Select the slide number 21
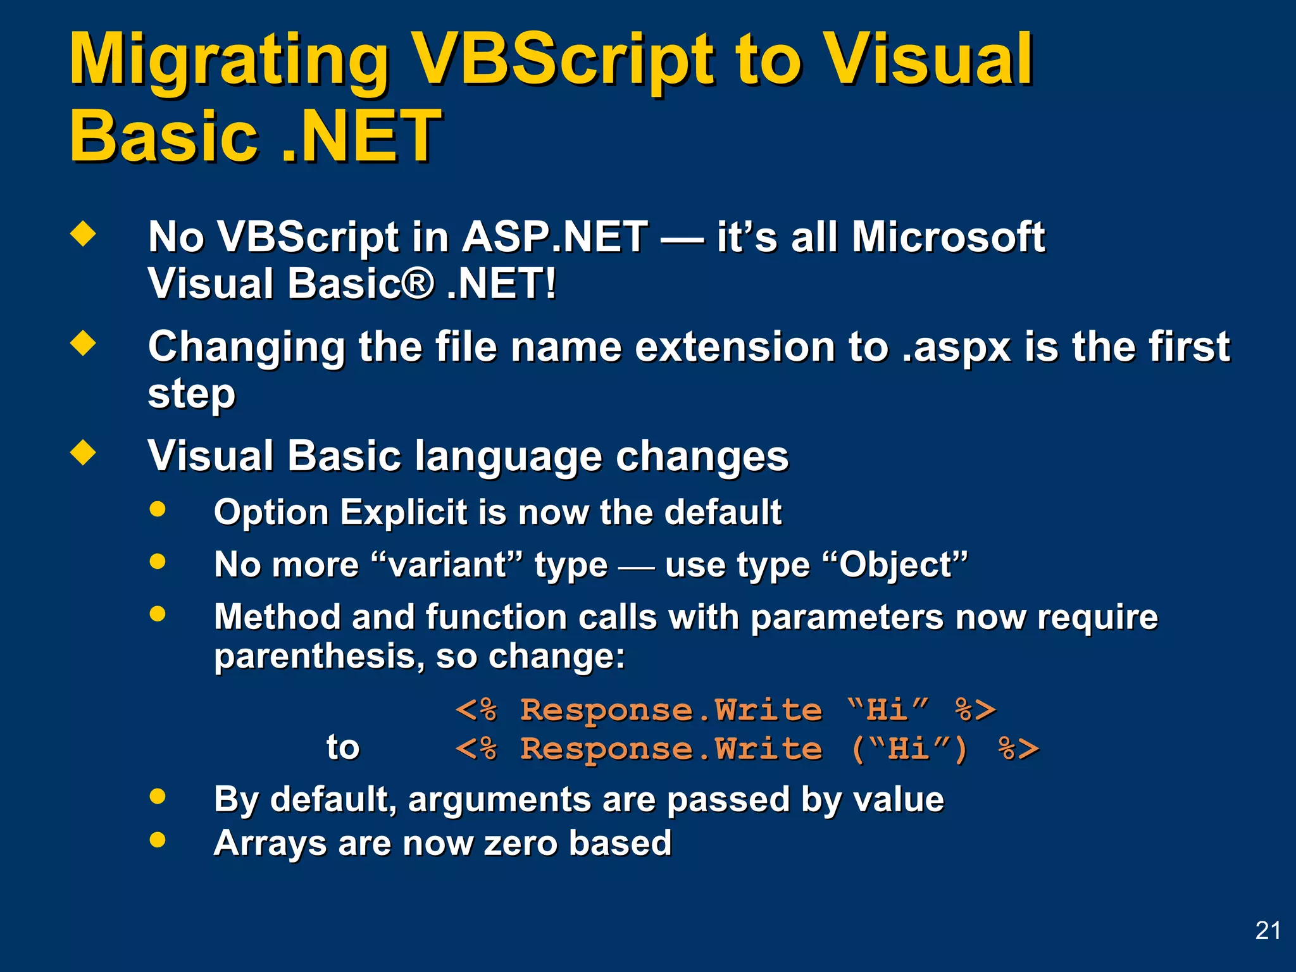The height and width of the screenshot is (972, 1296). pos(1268,930)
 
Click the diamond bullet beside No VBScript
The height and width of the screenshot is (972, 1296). pos(83,234)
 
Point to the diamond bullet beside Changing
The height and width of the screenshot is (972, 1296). pos(83,344)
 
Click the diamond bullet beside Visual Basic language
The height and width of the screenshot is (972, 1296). pos(83,453)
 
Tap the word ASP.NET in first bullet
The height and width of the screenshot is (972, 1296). pos(554,237)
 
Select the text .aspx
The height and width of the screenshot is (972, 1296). pos(956,347)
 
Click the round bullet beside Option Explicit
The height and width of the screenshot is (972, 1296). pos(158,509)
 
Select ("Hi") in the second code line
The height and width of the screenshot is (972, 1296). pos(909,749)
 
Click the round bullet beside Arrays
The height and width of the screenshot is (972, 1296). pos(158,840)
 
